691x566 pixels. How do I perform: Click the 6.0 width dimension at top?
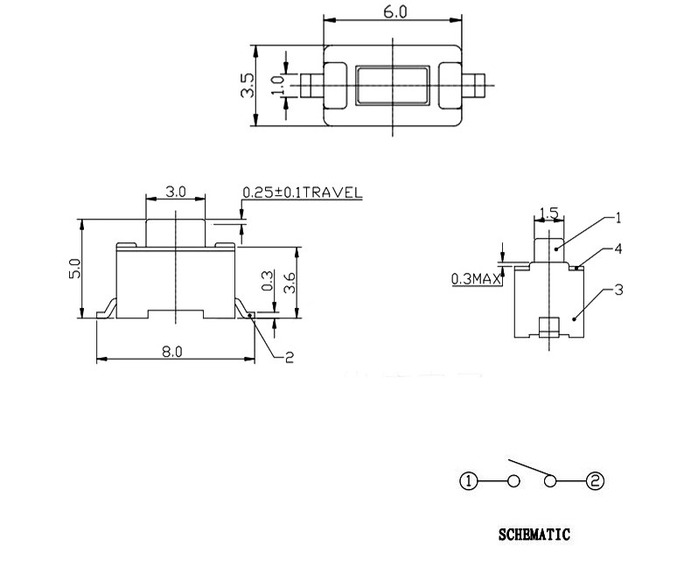tap(391, 11)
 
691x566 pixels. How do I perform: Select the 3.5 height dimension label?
tap(247, 85)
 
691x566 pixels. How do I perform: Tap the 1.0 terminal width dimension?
tap(277, 86)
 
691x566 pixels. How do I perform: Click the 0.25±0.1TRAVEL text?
tap(301, 193)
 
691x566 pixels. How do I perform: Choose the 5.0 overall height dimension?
tap(75, 268)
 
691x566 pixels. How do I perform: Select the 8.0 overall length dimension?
tap(171, 352)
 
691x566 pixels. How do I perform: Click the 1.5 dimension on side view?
tap(548, 213)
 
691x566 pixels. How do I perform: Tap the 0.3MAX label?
tap(474, 279)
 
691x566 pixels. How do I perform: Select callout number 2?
tap(290, 355)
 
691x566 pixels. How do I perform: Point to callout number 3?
tap(618, 290)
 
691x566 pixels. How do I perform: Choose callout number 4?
tap(618, 249)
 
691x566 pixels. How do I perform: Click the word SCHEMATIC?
tap(534, 534)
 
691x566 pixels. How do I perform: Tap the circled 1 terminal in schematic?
tap(469, 480)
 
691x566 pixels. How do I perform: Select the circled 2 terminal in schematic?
tap(595, 480)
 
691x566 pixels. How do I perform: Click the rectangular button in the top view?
tap(391, 86)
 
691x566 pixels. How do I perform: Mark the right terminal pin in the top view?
tap(475, 86)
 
